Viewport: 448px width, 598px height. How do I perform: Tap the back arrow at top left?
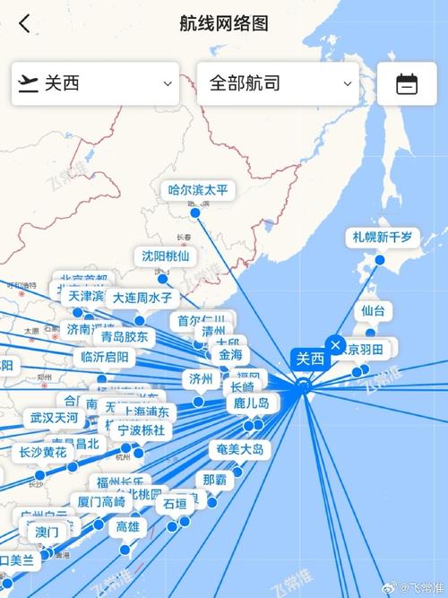point(24,23)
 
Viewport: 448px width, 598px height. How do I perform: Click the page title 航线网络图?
point(224,23)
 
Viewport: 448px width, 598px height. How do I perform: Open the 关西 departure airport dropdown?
point(95,83)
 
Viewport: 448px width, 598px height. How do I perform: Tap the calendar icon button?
point(407,83)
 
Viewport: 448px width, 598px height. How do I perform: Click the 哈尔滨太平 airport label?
point(198,190)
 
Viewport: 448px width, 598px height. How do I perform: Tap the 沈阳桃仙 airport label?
point(166,256)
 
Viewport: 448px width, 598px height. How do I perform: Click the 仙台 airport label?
point(373,311)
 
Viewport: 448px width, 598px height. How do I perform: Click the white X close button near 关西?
point(335,344)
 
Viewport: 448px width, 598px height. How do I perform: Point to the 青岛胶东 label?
point(125,337)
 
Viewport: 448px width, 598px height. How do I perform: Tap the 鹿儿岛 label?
point(252,403)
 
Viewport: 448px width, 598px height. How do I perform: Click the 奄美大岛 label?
point(239,449)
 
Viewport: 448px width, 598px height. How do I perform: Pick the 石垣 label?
point(176,504)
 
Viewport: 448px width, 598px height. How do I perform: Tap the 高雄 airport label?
point(128,527)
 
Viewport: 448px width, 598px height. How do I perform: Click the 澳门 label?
point(47,532)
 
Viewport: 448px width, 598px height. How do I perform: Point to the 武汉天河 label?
point(54,418)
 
